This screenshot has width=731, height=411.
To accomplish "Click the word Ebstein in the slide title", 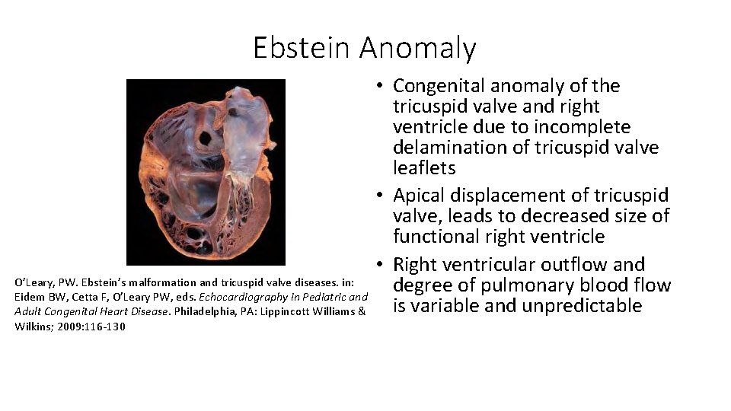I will (x=302, y=48).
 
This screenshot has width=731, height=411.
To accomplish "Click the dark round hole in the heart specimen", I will (x=205, y=140).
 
